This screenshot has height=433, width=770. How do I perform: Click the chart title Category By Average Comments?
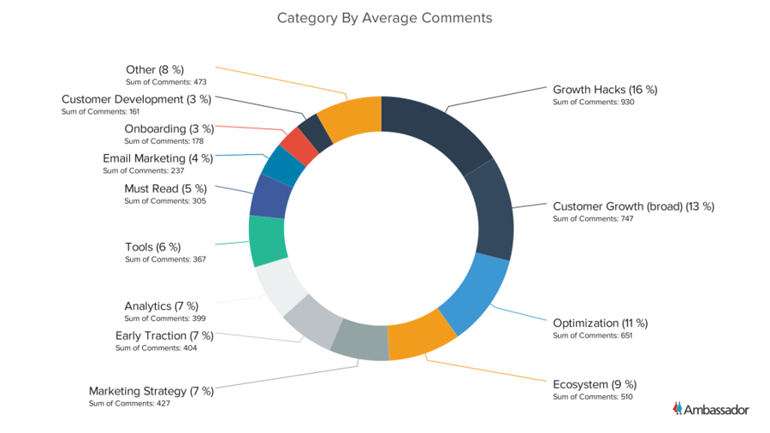pyautogui.click(x=384, y=18)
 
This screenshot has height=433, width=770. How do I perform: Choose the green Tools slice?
pyautogui.click(x=268, y=240)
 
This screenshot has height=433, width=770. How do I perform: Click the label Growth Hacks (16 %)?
pyautogui.click(x=605, y=89)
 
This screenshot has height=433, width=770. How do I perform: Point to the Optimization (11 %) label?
pyautogui.click(x=600, y=323)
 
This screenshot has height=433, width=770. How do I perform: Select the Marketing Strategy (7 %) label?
pyautogui.click(x=151, y=391)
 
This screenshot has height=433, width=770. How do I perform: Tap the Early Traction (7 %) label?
pyautogui.click(x=164, y=335)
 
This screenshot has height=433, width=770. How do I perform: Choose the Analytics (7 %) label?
pyautogui.click(x=161, y=305)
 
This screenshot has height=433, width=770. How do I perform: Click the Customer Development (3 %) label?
pyautogui.click(x=136, y=99)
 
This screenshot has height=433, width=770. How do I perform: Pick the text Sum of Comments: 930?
pyautogui.click(x=592, y=102)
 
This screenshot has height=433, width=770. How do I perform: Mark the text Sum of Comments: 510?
pyautogui.click(x=592, y=396)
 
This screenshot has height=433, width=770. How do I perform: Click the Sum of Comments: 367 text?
pyautogui.click(x=165, y=259)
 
